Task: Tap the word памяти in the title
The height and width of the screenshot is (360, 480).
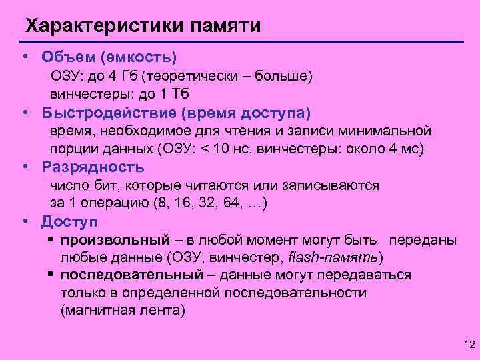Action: (x=226, y=27)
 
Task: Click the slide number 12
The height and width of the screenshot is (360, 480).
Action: (x=468, y=345)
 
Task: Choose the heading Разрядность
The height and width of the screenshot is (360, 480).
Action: (x=93, y=167)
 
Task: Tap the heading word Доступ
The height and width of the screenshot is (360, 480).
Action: (x=69, y=221)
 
